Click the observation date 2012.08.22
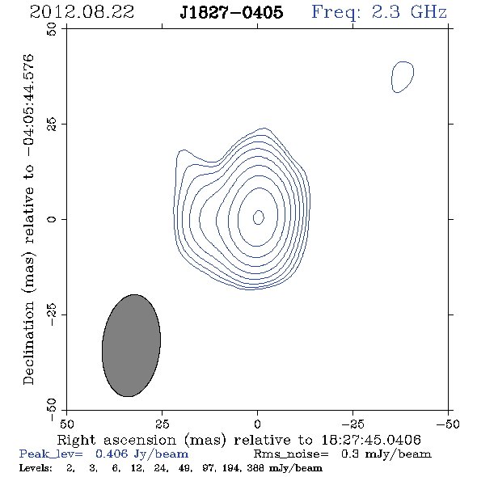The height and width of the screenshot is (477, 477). click(82, 12)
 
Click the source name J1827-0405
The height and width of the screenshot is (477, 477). click(231, 12)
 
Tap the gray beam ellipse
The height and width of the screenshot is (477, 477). click(131, 345)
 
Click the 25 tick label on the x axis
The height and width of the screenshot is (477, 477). click(162, 424)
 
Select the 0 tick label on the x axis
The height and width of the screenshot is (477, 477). click(257, 424)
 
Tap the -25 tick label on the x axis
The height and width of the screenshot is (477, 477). click(352, 424)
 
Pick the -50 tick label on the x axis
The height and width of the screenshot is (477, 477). click(448, 424)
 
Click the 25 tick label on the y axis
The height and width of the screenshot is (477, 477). click(52, 125)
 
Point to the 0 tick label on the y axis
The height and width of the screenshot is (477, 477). click(52, 219)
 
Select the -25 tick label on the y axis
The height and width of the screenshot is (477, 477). click(52, 314)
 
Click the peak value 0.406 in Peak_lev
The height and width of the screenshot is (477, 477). click(112, 454)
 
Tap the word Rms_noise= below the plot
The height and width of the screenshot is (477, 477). click(291, 454)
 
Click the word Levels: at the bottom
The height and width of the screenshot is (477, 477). click(36, 468)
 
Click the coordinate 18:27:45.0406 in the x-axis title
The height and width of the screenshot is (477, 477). click(371, 440)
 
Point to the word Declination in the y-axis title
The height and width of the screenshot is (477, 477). click(28, 343)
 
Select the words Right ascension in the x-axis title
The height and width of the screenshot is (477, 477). click(116, 440)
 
